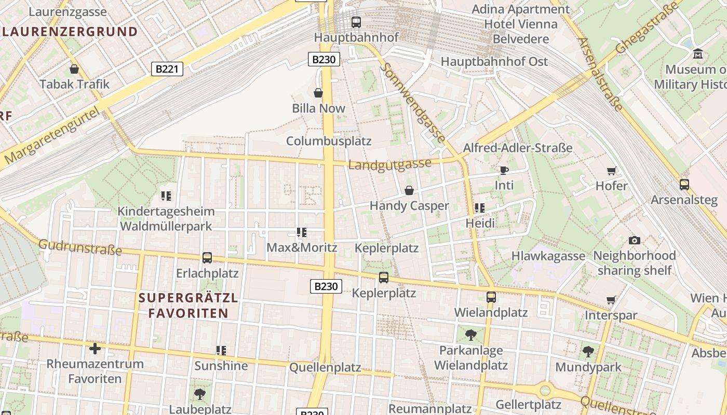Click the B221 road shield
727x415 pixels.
(167, 68)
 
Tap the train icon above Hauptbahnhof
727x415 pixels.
(356, 22)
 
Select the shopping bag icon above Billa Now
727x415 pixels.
(318, 93)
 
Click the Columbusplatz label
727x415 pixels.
(329, 141)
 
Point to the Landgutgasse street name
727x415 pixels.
(389, 164)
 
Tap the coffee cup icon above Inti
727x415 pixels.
(504, 170)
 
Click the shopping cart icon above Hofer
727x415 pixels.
(612, 171)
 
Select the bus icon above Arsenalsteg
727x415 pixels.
(684, 184)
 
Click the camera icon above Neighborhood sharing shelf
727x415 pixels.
(634, 240)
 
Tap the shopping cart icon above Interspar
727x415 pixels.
(611, 300)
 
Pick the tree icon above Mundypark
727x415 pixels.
(588, 352)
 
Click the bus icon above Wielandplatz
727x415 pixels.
(491, 297)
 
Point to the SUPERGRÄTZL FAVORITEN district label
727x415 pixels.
(188, 306)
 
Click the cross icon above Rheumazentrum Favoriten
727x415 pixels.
(95, 348)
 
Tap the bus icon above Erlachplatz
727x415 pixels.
(207, 258)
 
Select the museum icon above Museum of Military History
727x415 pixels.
(698, 53)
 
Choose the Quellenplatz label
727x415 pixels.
(325, 368)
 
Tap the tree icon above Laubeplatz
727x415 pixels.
(200, 394)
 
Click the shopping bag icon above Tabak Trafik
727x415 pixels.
(74, 69)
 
